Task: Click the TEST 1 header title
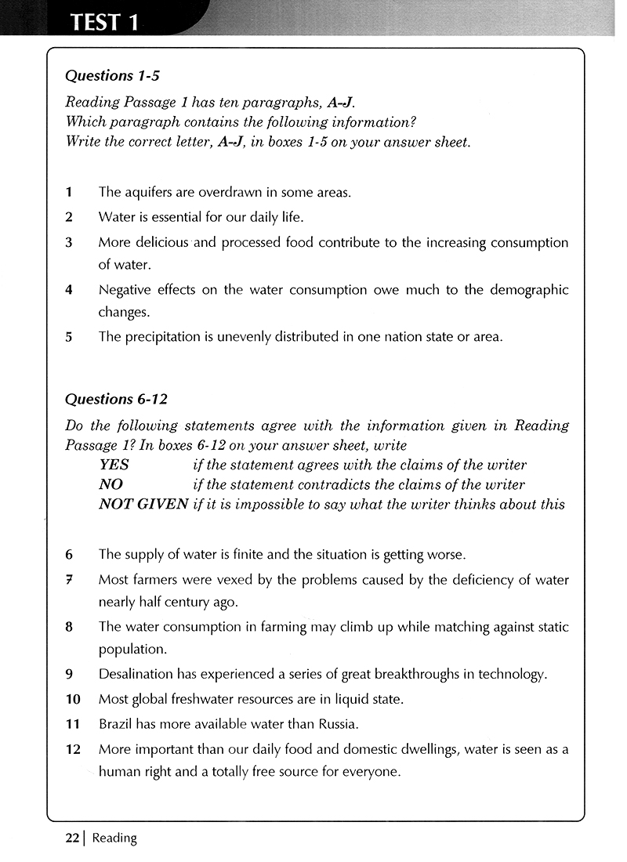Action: pyautogui.click(x=104, y=21)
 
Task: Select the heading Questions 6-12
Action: pyautogui.click(x=116, y=399)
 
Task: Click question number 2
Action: pyautogui.click(x=69, y=216)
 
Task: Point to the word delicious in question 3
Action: pyautogui.click(x=162, y=242)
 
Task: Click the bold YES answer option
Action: pyautogui.click(x=114, y=465)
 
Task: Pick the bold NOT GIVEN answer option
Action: pyautogui.click(x=143, y=504)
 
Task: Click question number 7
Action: pyautogui.click(x=69, y=580)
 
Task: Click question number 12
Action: pyautogui.click(x=73, y=749)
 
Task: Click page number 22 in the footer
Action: pyautogui.click(x=72, y=838)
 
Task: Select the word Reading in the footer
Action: pyautogui.click(x=114, y=838)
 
